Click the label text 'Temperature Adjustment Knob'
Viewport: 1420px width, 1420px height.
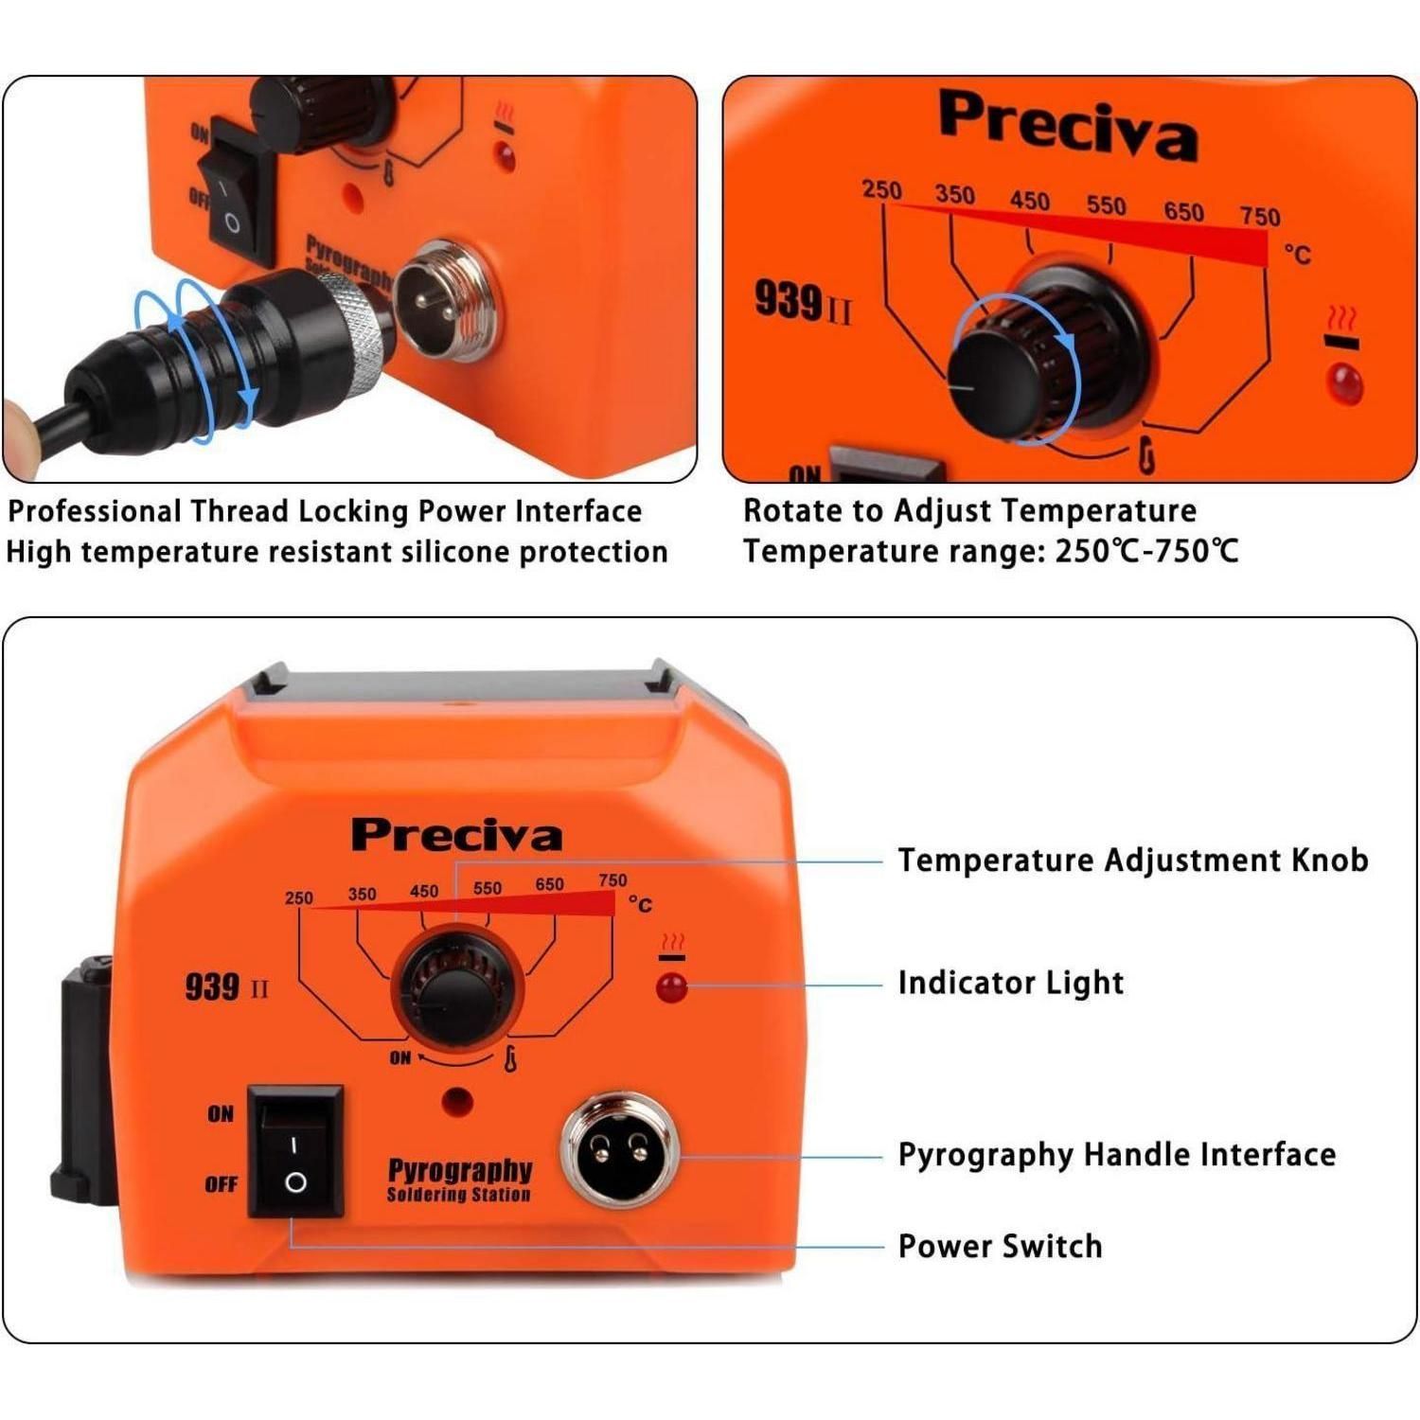click(x=1133, y=860)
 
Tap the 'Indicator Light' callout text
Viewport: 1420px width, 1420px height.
click(x=1011, y=984)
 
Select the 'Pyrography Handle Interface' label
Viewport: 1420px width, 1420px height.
click(x=1117, y=1156)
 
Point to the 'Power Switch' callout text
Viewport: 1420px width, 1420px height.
click(x=1000, y=1246)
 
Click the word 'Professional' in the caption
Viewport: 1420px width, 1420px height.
click(x=95, y=511)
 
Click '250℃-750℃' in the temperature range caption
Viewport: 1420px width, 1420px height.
click(x=1146, y=551)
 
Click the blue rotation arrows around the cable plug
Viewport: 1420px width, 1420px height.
click(x=194, y=360)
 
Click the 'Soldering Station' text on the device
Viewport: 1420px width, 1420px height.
click(x=459, y=1195)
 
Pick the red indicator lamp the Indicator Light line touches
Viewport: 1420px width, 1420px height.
click(x=671, y=986)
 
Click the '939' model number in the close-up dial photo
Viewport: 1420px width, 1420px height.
click(x=788, y=300)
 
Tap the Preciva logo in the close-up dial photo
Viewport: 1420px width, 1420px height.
click(x=1068, y=125)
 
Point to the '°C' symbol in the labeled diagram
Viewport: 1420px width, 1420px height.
click(x=641, y=905)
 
